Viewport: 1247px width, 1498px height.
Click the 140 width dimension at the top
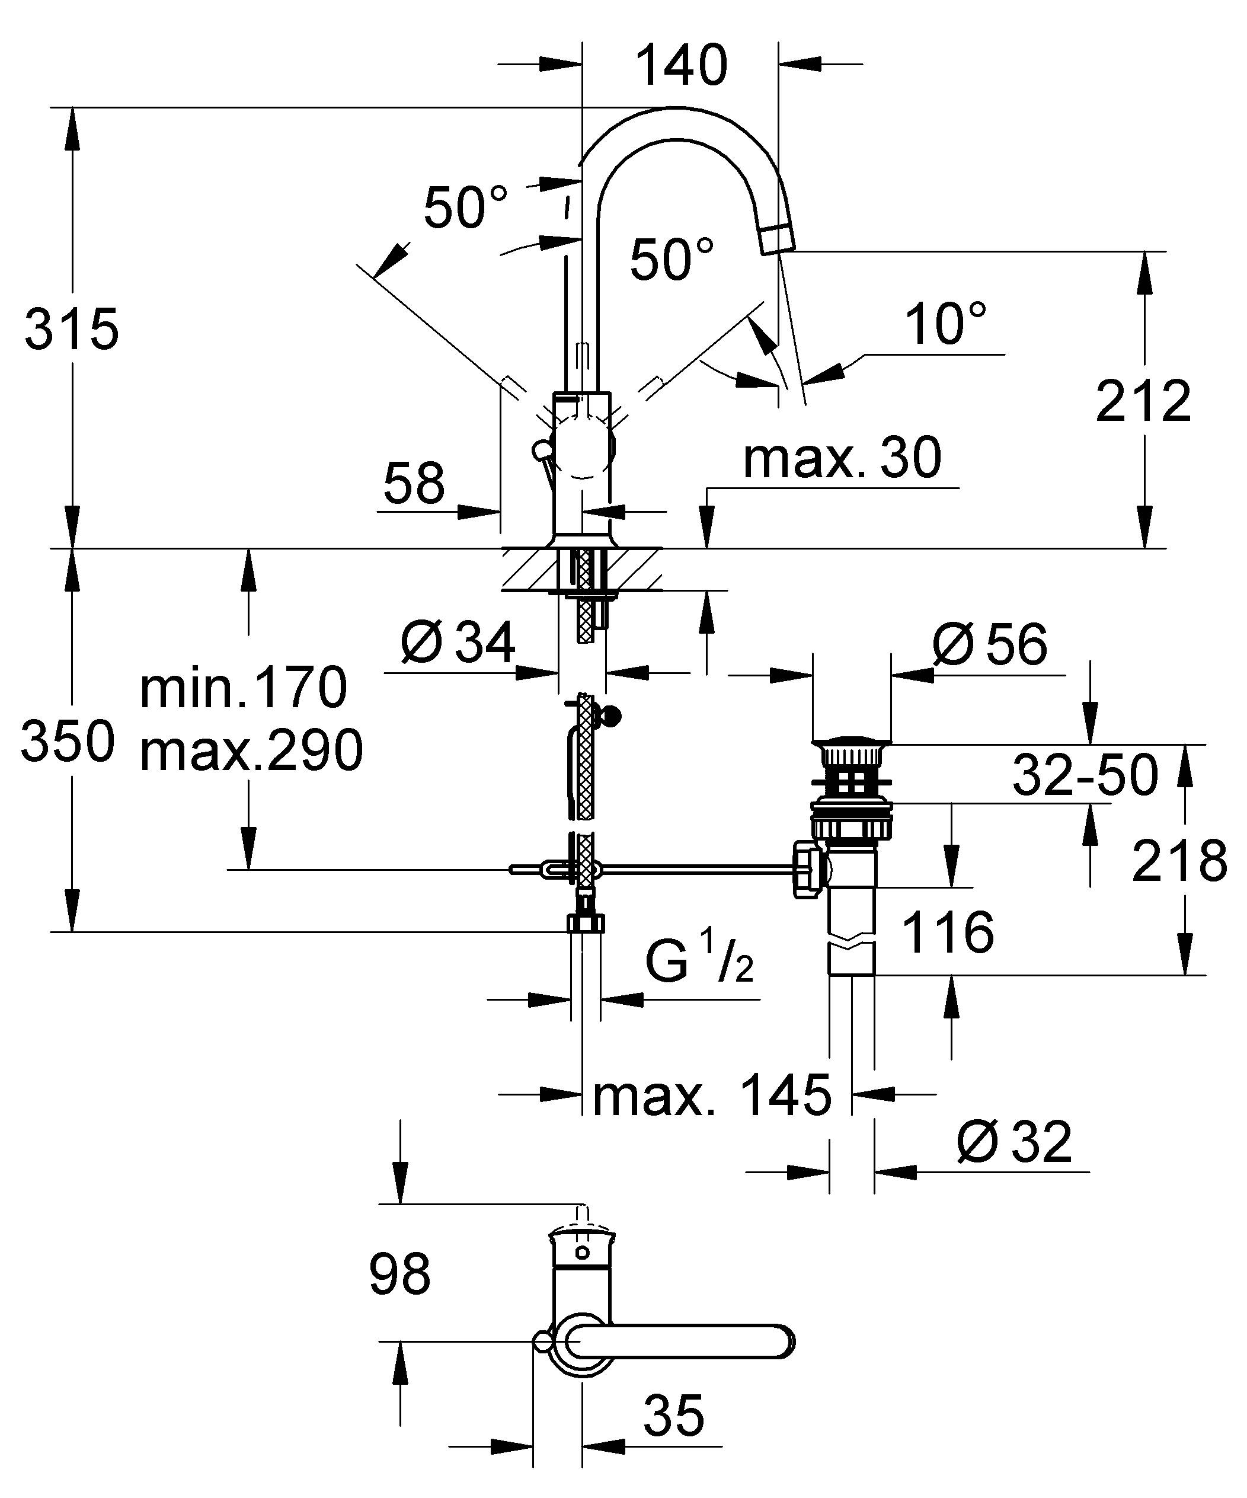[x=681, y=66]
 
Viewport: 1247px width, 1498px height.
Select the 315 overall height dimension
[x=71, y=330]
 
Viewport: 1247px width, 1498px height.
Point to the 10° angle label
[x=945, y=325]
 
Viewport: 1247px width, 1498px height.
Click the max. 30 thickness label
[x=842, y=459]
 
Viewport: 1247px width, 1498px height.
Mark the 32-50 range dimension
[x=1085, y=775]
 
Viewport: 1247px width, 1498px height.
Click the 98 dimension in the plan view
[x=399, y=1275]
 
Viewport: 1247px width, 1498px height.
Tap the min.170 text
[x=243, y=688]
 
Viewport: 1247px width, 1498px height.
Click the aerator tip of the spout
[x=778, y=238]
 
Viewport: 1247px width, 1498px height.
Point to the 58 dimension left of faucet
[x=414, y=484]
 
